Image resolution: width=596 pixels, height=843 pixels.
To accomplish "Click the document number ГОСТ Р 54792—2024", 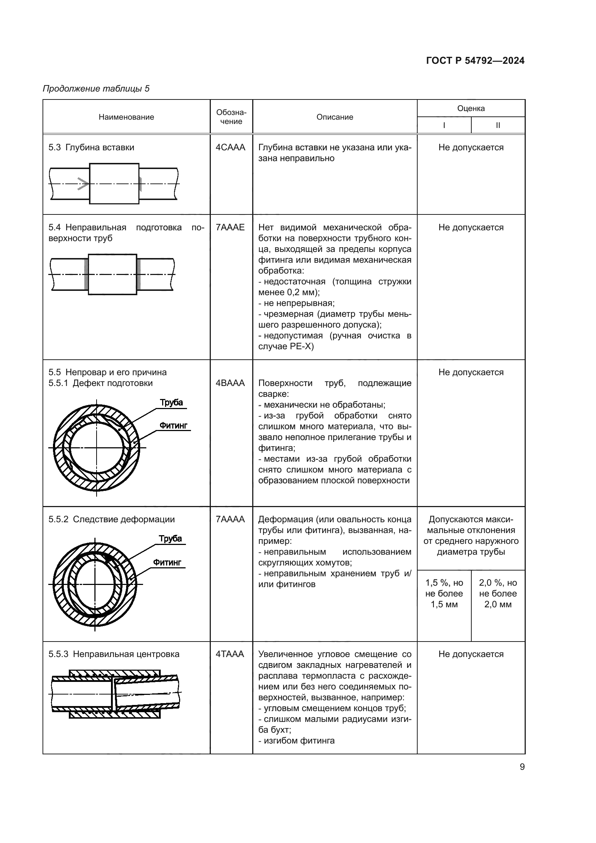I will coord(475,61).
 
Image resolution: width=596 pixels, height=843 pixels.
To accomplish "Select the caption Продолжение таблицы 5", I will coord(96,89).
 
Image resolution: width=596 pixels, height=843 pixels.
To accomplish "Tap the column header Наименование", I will coord(126,117).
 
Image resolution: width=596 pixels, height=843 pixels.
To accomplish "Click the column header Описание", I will coord(335,117).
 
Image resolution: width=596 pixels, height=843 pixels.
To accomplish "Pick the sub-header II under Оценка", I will coord(498,125).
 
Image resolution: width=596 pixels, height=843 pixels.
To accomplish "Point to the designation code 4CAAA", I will coord(231,147).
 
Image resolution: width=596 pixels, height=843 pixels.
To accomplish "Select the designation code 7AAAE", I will coord(230,227).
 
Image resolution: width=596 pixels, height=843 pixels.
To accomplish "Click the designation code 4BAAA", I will coord(230,383).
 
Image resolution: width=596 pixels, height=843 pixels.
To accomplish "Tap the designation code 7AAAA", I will coord(230,519).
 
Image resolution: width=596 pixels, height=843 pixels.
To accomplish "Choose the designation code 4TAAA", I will coord(230,654).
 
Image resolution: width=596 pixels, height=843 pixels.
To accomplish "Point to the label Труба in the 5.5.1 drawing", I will coord(171,403).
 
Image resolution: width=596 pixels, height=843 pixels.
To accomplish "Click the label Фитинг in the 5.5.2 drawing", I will coord(167,562).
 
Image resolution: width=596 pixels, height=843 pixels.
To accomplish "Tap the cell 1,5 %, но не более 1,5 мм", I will coord(444,593).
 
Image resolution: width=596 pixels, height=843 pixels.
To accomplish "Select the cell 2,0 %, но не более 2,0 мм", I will coord(498,593).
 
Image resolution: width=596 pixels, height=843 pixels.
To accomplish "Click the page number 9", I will coord(522,767).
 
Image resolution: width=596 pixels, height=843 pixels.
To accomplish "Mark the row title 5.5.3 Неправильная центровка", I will coord(114,654).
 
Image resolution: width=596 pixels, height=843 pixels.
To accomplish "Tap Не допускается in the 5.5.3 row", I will coord(471,654).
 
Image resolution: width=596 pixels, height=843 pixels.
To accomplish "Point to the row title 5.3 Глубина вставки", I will coord(92,147).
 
